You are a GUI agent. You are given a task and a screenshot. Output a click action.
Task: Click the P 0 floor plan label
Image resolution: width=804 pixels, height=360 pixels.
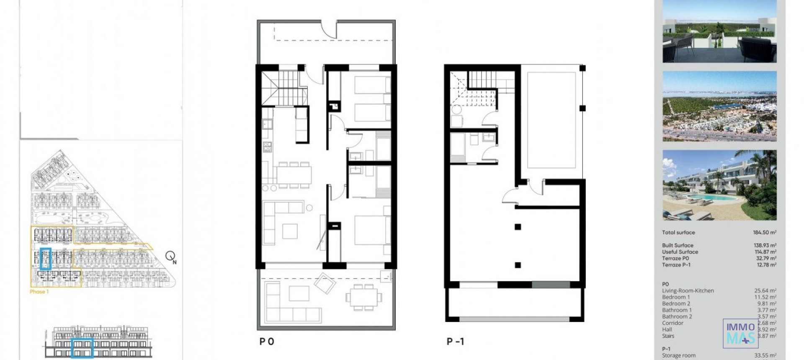(267, 342)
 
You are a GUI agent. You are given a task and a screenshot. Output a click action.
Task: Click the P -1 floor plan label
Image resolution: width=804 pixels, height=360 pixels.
(455, 342)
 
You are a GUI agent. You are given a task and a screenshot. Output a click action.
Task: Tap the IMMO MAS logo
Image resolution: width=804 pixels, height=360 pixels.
(740, 334)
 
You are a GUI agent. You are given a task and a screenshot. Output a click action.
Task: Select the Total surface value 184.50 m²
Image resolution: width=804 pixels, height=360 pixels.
(764, 232)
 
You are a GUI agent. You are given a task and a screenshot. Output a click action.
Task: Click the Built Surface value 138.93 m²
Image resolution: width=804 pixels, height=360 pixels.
(765, 245)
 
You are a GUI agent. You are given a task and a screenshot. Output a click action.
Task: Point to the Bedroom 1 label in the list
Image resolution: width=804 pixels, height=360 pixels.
(675, 297)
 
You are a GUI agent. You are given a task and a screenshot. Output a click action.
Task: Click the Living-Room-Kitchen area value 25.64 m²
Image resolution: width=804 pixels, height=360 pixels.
(765, 291)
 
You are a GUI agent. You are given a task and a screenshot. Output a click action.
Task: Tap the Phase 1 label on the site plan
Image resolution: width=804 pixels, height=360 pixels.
(39, 291)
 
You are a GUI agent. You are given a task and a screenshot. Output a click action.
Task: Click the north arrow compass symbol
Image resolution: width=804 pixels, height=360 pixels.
(170, 256)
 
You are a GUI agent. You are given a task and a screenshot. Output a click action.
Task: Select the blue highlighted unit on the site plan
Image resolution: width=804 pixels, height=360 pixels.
(46, 259)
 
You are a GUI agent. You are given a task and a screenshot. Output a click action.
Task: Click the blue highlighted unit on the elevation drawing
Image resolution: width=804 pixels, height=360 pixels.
(82, 348)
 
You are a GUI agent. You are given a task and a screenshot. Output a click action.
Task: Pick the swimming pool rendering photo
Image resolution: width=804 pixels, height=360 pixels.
(719, 185)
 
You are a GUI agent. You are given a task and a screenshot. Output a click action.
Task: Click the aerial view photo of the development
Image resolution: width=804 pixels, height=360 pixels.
(719, 106)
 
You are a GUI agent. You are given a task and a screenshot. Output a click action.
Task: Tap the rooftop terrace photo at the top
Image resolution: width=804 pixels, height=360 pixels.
(719, 32)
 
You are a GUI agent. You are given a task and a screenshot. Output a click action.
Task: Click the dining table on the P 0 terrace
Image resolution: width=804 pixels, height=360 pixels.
(363, 297)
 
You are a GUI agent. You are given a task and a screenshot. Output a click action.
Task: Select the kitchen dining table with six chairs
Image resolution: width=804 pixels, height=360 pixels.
(294, 175)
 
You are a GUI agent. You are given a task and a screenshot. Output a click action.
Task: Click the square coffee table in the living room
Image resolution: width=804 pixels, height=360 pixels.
(290, 231)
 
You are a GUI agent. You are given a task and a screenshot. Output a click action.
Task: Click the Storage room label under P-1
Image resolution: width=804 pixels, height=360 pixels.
(678, 355)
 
